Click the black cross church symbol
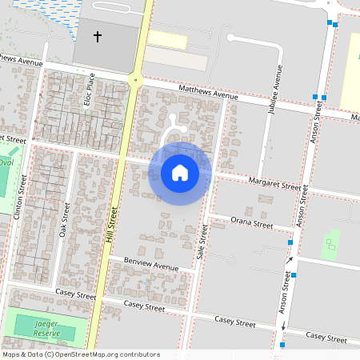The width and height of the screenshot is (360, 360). coord(98,37)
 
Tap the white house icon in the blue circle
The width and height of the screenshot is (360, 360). coord(180,173)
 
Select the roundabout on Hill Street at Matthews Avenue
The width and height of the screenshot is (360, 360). coord(134,78)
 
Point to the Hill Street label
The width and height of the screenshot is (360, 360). coord(113,225)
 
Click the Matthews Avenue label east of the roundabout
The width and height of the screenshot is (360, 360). coord(209,93)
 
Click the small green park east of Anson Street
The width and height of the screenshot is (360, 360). coord(330,245)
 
